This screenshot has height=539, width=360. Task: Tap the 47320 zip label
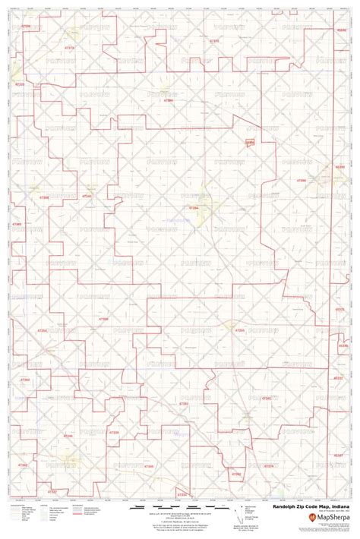(x=21, y=84)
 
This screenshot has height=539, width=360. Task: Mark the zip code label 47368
(x=46, y=197)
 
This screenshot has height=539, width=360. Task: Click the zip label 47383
(x=17, y=225)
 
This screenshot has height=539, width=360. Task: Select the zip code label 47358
(x=103, y=320)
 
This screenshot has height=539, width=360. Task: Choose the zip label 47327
(x=52, y=492)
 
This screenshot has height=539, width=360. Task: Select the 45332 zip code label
(x=339, y=310)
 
